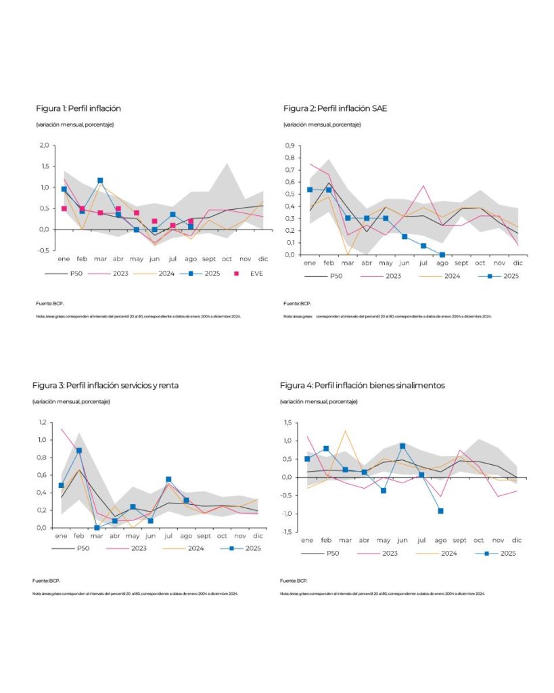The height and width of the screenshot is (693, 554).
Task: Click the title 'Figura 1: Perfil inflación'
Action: tap(78, 108)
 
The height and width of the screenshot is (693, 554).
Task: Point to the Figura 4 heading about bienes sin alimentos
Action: tap(363, 385)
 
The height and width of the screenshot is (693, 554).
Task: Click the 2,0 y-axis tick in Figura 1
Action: tap(44, 145)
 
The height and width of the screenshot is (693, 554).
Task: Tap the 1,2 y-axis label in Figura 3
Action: tap(42, 422)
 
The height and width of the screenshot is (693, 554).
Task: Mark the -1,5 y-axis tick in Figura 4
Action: tap(287, 532)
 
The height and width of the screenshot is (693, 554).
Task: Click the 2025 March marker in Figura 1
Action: tap(100, 181)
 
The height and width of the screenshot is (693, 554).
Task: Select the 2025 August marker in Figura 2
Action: tap(442, 254)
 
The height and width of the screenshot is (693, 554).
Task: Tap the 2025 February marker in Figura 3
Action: tap(79, 451)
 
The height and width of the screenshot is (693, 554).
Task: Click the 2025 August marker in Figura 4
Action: tap(440, 511)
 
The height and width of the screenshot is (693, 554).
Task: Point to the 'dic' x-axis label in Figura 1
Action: tap(263, 259)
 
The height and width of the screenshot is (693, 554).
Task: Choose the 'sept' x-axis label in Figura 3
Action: tap(204, 536)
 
